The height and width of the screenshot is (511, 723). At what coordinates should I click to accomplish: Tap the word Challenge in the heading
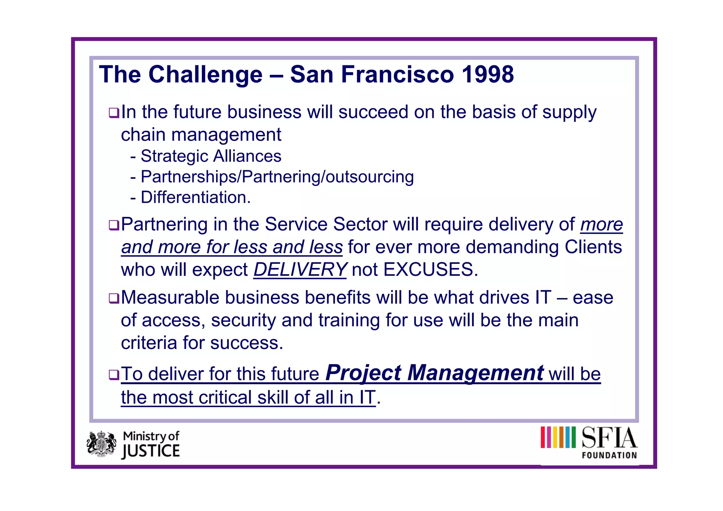(205, 75)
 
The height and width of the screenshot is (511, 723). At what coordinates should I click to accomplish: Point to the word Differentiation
(195, 197)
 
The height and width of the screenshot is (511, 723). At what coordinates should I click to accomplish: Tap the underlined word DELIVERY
(300, 270)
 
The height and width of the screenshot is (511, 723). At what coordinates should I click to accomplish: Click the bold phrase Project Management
(434, 373)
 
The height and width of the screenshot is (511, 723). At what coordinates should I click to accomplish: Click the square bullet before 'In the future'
(114, 113)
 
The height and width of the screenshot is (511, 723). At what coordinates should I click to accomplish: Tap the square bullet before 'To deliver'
(114, 375)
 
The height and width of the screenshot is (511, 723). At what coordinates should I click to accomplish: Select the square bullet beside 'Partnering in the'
(114, 225)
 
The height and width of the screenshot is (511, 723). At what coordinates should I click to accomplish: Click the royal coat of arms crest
(102, 444)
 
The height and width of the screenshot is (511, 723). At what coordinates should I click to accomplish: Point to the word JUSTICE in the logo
(151, 451)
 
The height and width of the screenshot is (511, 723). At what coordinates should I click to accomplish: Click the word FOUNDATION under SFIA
(609, 455)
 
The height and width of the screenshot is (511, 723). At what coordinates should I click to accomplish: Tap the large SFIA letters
(609, 438)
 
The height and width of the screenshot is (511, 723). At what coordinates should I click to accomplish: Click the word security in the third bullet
(243, 320)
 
